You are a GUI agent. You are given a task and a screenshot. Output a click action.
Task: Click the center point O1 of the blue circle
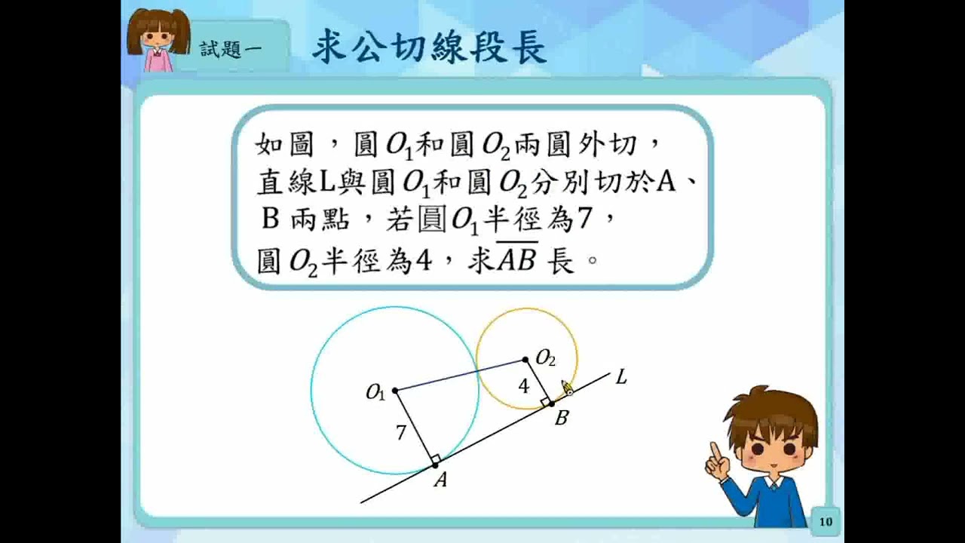tap(395, 391)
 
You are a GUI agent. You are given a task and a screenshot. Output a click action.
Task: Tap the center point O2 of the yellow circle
tap(525, 360)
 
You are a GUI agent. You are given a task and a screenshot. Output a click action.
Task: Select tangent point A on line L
tap(435, 465)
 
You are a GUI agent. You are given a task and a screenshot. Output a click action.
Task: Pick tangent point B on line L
tap(552, 403)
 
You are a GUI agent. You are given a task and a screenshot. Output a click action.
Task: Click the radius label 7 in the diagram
tap(401, 432)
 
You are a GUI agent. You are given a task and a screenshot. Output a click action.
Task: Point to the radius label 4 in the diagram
tap(523, 386)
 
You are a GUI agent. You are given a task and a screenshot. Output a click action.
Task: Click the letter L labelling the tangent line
tap(621, 378)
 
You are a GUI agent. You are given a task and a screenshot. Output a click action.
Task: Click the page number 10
tap(826, 522)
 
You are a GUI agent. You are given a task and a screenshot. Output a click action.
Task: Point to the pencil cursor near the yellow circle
tap(566, 388)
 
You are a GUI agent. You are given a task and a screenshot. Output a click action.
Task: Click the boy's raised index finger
tap(715, 451)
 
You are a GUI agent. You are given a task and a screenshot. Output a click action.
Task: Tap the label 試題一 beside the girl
tap(231, 50)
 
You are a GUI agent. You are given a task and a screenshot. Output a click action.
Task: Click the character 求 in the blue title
tap(330, 47)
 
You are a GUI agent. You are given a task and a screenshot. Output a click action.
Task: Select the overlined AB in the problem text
tap(517, 258)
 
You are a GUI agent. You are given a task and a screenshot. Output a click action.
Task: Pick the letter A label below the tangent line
tap(440, 480)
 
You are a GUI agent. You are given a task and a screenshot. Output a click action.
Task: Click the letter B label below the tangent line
tap(562, 418)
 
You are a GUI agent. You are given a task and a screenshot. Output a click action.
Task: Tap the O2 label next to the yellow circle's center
tap(545, 358)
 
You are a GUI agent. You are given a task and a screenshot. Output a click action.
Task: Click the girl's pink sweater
tap(158, 60)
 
